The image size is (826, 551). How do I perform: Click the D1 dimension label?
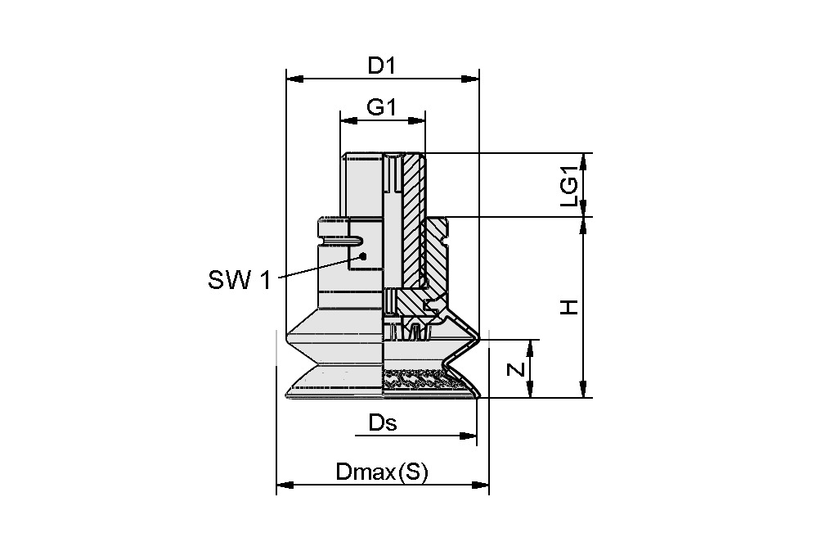pos(381,65)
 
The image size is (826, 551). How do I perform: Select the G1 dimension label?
pos(381,107)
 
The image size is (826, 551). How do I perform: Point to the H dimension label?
pos(569,307)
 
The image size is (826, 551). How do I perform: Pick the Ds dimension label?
pos(382,422)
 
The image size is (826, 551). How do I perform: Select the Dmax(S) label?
pos(382,472)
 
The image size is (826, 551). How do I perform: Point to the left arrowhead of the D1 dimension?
pos(294,79)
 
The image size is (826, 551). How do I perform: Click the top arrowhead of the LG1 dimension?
pos(582,160)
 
